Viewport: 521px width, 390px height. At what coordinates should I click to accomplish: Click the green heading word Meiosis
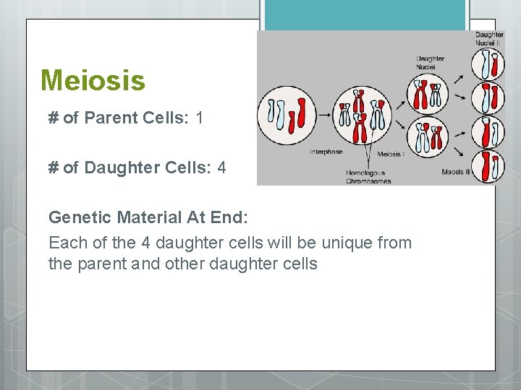pos(93,80)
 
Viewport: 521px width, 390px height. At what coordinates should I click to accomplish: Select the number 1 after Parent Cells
pos(200,118)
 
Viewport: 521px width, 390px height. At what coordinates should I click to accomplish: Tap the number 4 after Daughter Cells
pos(221,168)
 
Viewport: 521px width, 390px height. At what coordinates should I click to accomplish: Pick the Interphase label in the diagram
pos(326,152)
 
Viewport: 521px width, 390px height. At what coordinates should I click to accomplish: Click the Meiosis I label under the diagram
pos(391,154)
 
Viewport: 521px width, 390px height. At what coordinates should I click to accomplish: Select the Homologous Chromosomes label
pos(369,177)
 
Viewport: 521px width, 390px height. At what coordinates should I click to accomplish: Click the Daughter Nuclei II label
pos(489,38)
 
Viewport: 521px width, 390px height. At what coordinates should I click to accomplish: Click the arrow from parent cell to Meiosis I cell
pos(322,113)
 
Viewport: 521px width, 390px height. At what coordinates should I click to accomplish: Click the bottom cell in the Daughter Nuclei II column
pos(488,166)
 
